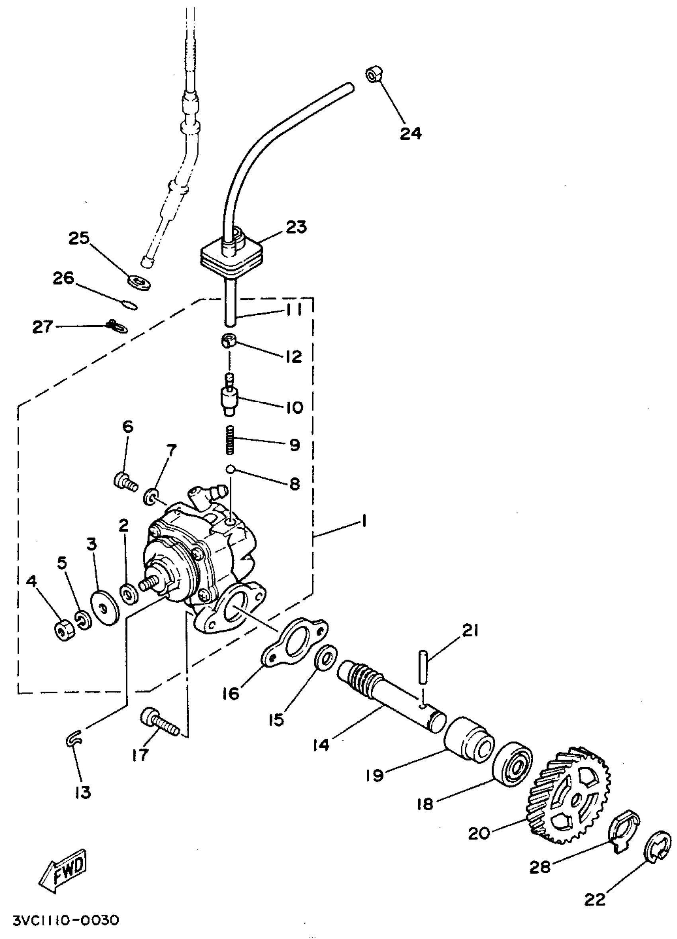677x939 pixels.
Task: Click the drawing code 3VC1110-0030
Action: pos(66,920)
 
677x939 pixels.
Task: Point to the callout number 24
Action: pos(410,133)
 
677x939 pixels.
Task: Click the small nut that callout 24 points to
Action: pos(374,75)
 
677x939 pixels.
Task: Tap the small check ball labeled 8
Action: pos(230,469)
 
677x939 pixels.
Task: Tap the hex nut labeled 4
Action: pos(64,631)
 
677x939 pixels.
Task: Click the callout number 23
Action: pos(296,227)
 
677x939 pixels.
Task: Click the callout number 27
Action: pos(43,327)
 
